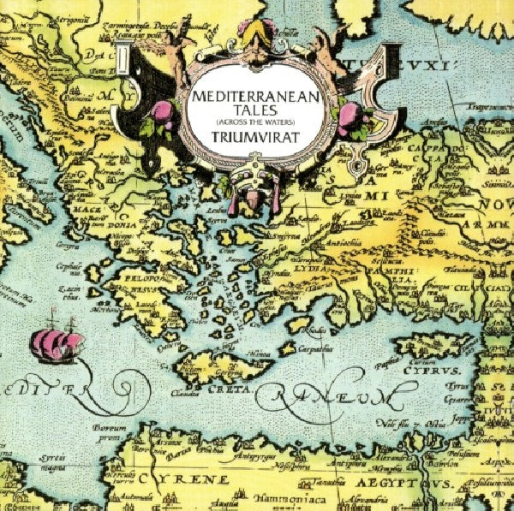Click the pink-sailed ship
[x=57, y=343]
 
